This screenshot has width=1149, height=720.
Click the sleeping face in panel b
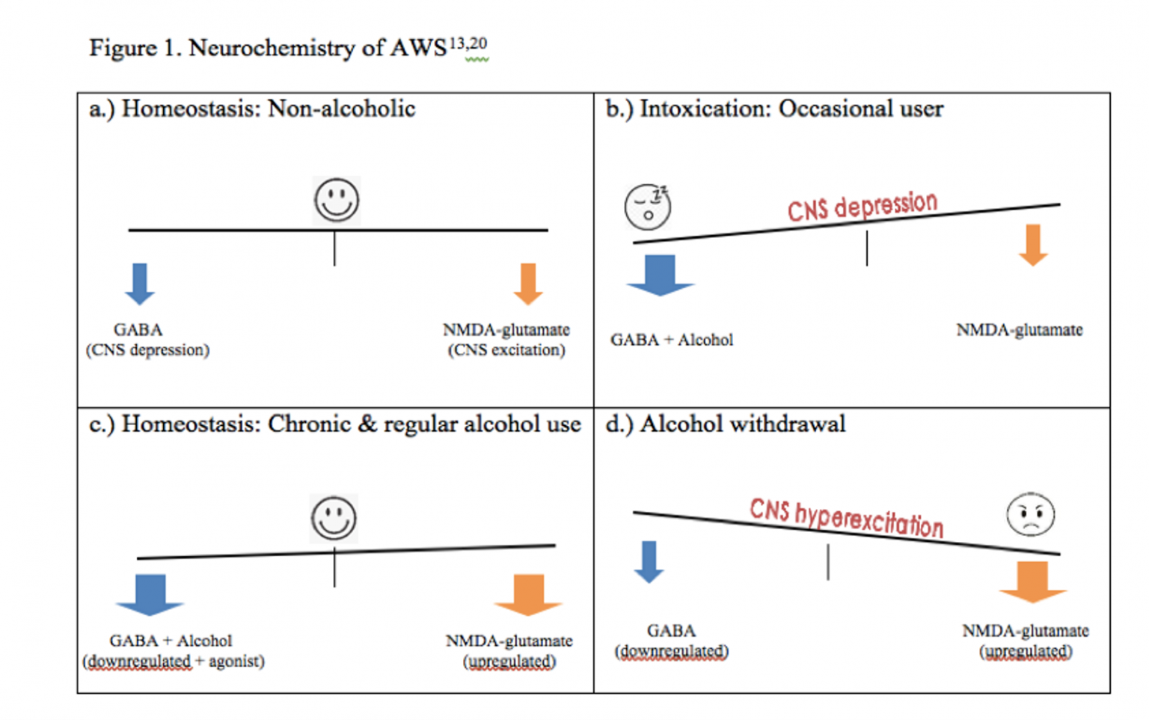click(647, 207)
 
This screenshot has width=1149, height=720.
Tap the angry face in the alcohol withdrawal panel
click(1030, 515)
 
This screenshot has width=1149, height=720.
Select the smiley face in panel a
click(337, 201)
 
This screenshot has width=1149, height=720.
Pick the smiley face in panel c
click(334, 518)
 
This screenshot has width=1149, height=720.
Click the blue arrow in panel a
click(140, 284)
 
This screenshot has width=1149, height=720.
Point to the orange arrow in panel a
click(528, 284)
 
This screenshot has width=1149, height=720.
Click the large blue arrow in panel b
click(660, 275)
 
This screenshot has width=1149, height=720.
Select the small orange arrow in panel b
click(1033, 245)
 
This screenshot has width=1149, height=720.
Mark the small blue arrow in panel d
click(649, 561)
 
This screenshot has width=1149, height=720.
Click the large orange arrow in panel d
click(1032, 582)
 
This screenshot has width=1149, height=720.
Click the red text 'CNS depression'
click(862, 207)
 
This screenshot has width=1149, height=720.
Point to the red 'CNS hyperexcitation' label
click(846, 517)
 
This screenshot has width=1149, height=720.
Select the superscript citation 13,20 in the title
click(468, 43)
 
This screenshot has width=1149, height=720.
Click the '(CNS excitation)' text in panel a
click(506, 350)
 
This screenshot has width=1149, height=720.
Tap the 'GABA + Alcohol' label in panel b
click(672, 340)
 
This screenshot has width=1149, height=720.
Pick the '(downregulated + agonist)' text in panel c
click(174, 662)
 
